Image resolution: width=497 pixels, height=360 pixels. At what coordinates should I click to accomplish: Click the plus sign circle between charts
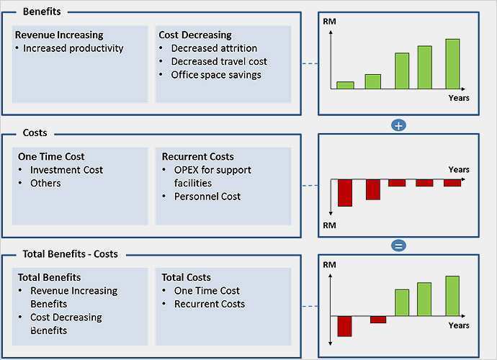pyautogui.click(x=398, y=125)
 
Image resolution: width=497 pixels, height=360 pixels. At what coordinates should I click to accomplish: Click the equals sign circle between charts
pyautogui.click(x=398, y=246)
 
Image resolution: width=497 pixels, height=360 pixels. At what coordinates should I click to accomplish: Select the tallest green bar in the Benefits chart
pyautogui.click(x=452, y=63)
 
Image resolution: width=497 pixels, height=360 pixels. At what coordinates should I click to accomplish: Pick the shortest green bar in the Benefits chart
pyautogui.click(x=346, y=84)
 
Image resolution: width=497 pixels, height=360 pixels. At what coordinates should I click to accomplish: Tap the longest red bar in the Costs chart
pyautogui.click(x=346, y=192)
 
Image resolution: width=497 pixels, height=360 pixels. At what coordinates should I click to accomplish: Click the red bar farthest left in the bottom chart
pyautogui.click(x=344, y=325)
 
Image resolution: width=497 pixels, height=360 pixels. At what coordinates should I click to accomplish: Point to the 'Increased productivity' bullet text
pyautogui.click(x=73, y=48)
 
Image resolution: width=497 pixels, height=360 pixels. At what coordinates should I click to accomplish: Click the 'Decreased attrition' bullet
pyautogui.click(x=214, y=48)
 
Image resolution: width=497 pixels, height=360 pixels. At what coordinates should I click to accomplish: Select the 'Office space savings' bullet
pyautogui.click(x=216, y=74)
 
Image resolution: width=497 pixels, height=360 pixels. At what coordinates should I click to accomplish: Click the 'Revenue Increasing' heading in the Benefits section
pyautogui.click(x=59, y=35)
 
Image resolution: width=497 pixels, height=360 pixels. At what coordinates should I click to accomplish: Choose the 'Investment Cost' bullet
pyautogui.click(x=66, y=170)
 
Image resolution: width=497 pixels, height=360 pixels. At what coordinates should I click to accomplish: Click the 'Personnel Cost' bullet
pyautogui.click(x=207, y=196)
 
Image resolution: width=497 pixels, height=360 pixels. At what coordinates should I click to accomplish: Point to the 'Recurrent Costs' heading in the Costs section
pyautogui.click(x=197, y=156)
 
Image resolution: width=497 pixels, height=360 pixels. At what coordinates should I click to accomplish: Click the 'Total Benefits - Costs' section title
pyautogui.click(x=71, y=254)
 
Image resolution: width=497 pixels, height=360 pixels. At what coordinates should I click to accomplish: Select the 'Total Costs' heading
pyautogui.click(x=187, y=277)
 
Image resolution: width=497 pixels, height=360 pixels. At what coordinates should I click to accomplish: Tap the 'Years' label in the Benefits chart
pyautogui.click(x=459, y=98)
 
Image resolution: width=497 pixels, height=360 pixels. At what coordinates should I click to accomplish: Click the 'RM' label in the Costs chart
pyautogui.click(x=330, y=225)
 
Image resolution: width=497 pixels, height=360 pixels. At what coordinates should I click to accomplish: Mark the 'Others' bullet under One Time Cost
pyautogui.click(x=45, y=183)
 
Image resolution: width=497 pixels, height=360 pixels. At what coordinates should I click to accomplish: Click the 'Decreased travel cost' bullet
pyautogui.click(x=219, y=61)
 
